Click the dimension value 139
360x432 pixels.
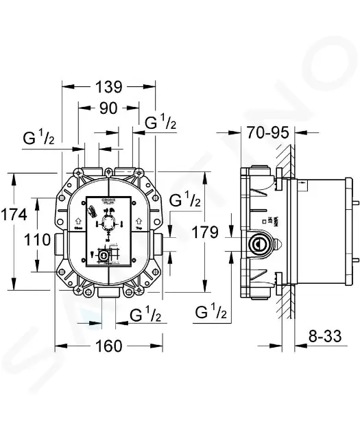coord(108,87)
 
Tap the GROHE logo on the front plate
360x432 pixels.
coord(110,199)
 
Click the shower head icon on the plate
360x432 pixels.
coord(90,210)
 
